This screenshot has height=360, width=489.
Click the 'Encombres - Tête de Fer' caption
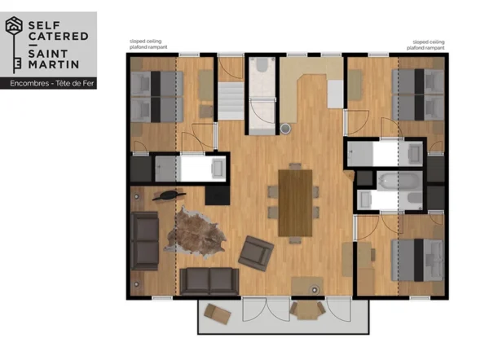47,83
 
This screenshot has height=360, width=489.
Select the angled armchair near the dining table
256,253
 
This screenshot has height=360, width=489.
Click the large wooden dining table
294,201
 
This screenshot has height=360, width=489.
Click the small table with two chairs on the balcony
306,310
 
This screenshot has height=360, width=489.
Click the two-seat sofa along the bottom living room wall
209,281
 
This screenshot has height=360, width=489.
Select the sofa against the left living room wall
145,240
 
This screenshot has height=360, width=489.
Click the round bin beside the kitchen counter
286,128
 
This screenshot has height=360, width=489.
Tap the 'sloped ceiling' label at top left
147,42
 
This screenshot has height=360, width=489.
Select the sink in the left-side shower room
218,168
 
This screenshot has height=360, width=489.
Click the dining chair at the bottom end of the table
294,242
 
